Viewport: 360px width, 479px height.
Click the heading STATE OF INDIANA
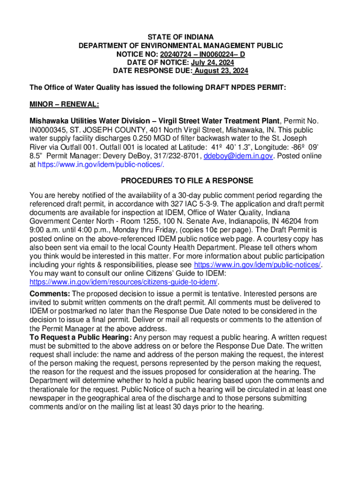[x=180, y=37]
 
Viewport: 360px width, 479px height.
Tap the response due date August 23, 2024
[x=221, y=71]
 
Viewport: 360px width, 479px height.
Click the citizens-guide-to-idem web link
[x=124, y=282]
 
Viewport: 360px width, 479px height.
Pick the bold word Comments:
[x=50, y=294]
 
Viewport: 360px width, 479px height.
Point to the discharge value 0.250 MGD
[x=167, y=138]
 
